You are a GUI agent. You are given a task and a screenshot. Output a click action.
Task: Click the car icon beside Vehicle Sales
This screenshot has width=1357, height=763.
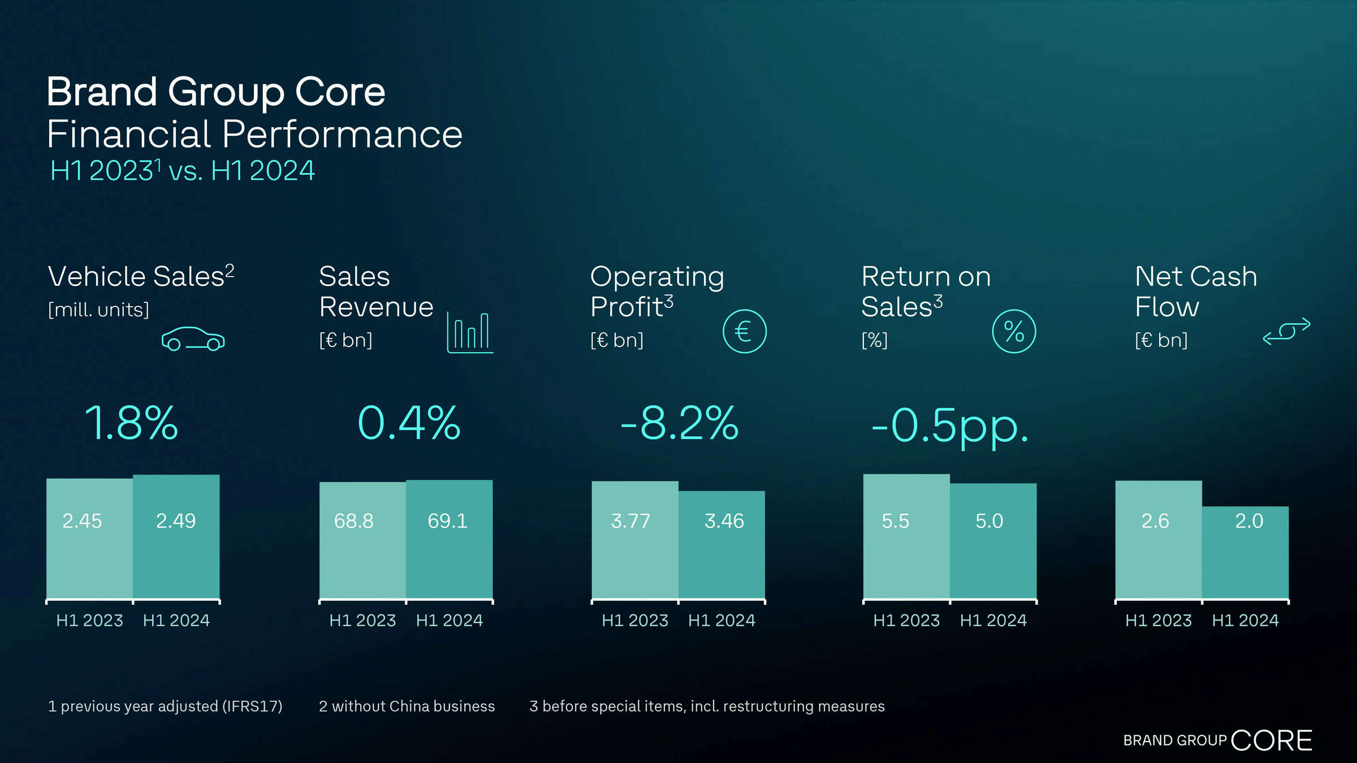(x=193, y=339)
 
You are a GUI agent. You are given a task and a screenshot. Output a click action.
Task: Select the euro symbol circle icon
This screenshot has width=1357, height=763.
(x=744, y=331)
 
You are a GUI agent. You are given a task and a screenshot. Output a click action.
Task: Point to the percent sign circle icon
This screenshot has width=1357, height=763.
(x=1014, y=331)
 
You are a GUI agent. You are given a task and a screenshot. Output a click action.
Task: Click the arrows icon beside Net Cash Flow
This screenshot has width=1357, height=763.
(x=1286, y=331)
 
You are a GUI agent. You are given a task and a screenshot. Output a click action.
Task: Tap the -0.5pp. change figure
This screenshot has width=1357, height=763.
(x=950, y=425)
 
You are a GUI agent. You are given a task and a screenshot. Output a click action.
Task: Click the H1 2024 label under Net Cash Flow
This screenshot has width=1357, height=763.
(x=1245, y=621)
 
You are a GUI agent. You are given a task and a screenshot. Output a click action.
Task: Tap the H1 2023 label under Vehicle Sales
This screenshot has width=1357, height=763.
(x=89, y=621)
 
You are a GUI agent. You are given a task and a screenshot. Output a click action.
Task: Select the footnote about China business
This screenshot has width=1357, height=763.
(x=407, y=706)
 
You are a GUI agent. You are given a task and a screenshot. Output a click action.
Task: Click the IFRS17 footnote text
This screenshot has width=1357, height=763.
(x=165, y=706)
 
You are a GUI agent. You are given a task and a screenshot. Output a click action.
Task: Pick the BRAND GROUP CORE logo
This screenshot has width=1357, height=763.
(x=1217, y=740)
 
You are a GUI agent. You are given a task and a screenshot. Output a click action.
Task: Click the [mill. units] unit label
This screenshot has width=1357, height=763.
(x=98, y=310)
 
